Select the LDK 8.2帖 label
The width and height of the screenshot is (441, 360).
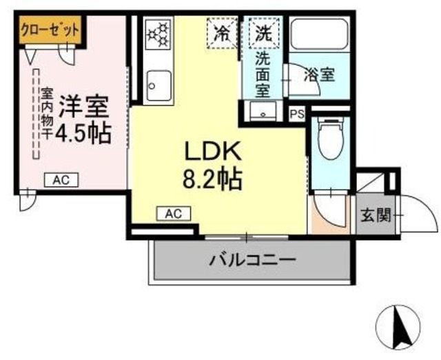pos(212,166)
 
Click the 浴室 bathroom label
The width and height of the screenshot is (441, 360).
pos(320,74)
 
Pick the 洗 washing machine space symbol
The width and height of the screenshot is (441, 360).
pos(263,32)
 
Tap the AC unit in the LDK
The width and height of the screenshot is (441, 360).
pos(172,214)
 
